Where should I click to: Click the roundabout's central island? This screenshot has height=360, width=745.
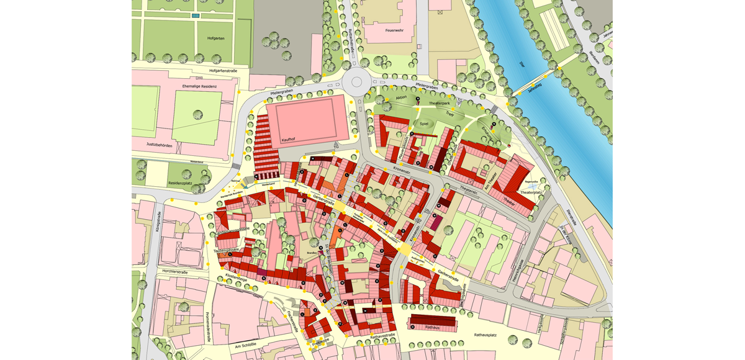pos(356,82)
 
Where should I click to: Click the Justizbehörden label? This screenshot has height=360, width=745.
pos(160,145)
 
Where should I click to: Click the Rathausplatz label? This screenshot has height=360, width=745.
pos(485,335)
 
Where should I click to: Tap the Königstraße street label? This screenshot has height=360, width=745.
pos(159,222)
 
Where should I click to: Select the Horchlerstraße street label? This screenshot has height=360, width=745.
pos(175,271)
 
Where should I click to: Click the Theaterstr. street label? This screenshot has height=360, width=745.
pos(468,190)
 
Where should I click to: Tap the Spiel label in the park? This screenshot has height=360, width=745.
pos(425,124)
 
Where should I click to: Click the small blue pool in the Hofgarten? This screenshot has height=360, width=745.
pos(196,16)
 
